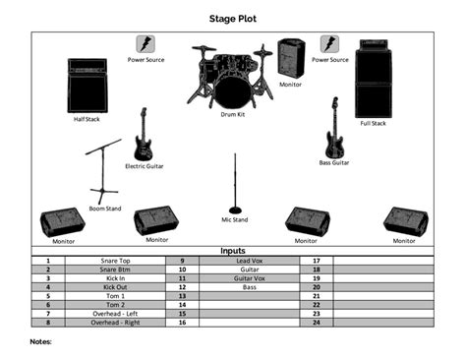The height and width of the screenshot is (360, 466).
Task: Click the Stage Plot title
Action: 232,17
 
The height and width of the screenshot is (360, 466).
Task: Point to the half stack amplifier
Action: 87,87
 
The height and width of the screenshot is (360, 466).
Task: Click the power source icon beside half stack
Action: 145,44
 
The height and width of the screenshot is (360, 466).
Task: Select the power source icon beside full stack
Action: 328,44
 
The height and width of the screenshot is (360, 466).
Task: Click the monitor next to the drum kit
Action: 291,58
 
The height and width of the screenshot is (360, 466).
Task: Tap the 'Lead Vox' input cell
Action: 250,261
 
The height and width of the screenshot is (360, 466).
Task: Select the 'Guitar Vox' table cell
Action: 250,278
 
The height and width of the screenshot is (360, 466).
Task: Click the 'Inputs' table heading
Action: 233,251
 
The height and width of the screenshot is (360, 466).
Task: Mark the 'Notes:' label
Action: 41,341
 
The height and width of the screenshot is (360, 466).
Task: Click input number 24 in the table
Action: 317,323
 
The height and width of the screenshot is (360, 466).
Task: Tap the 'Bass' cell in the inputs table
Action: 250,287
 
